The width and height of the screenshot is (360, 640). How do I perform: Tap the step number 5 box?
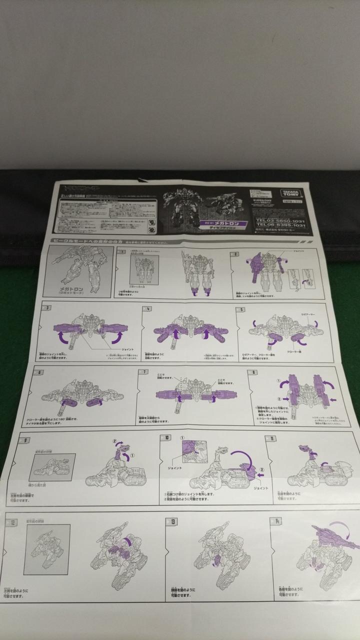point(242,308)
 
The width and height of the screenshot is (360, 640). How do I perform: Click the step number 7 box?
point(144,372)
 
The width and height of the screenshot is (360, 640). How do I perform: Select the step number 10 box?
point(167,437)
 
